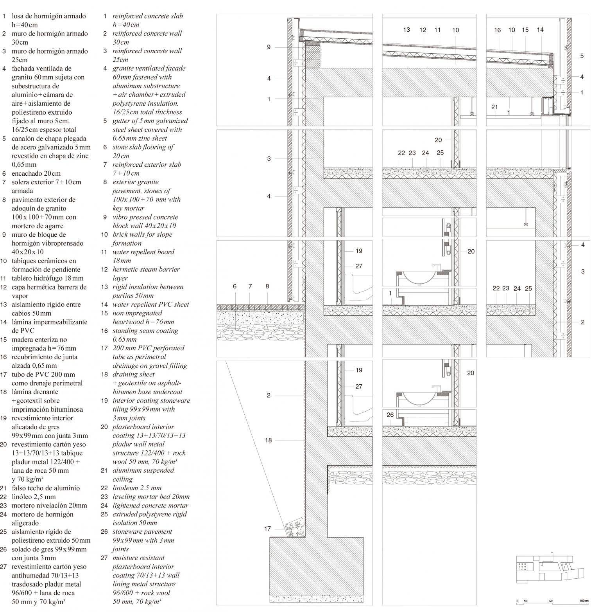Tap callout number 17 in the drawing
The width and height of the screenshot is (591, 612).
coord(267,529)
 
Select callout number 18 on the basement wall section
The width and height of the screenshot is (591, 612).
coord(268,440)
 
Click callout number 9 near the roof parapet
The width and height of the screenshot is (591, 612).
coord(269,47)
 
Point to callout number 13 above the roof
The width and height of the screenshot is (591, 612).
coord(407,29)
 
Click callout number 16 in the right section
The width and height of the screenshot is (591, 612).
coord(497,30)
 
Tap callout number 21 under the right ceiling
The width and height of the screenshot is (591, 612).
coord(494,107)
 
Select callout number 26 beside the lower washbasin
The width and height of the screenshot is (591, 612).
coord(390,415)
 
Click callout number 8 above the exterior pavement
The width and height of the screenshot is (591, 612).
coord(267,286)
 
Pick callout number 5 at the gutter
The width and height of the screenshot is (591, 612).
coord(582,56)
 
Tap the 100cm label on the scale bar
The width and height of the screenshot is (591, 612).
coord(584,601)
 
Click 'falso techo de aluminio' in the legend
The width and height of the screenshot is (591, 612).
coord(46,488)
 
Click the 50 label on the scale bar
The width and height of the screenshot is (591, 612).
coord(551,601)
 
